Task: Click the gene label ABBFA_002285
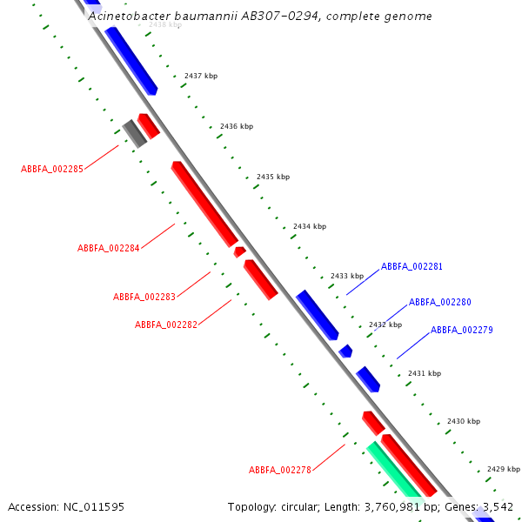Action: click(x=52, y=169)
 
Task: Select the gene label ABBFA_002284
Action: click(x=109, y=248)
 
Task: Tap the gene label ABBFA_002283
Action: click(x=144, y=297)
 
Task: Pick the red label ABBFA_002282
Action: click(x=166, y=325)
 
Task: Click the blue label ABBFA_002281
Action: click(x=412, y=266)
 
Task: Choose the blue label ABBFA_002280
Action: click(x=440, y=302)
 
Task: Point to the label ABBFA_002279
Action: click(x=462, y=330)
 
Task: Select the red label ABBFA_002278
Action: click(x=280, y=470)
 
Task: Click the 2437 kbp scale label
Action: click(x=201, y=76)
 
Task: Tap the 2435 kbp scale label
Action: click(x=273, y=177)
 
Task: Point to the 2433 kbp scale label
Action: click(x=347, y=276)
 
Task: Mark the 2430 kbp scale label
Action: click(x=464, y=421)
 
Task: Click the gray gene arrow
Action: click(x=134, y=133)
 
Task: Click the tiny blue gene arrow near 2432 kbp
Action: click(x=346, y=351)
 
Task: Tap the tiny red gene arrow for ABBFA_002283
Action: click(x=239, y=251)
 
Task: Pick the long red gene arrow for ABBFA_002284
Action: click(x=204, y=204)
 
